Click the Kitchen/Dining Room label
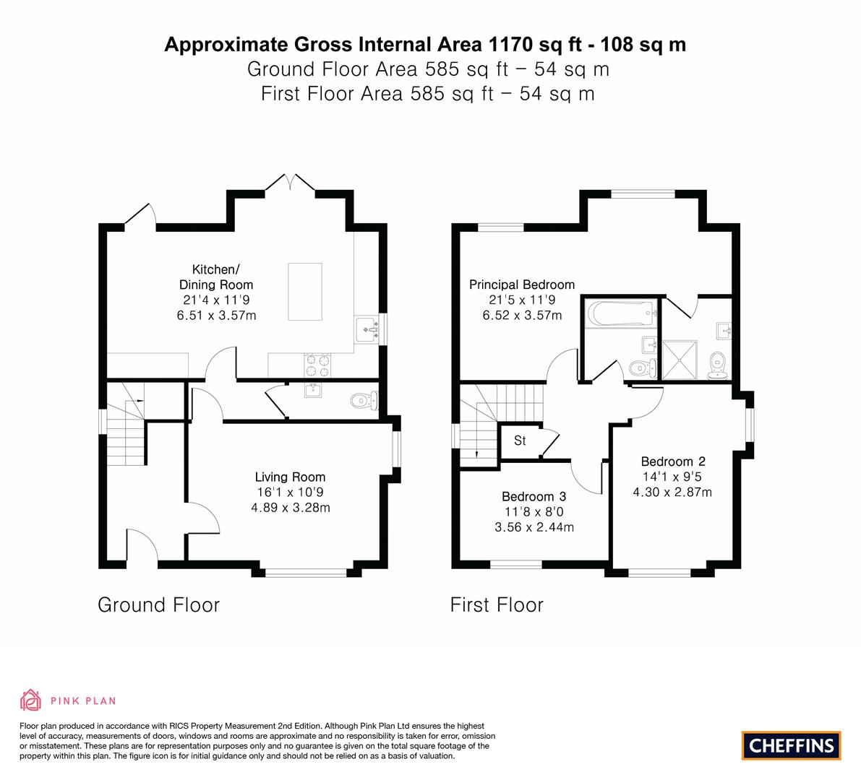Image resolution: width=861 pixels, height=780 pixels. [x=216, y=277]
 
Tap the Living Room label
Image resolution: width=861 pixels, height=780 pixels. [x=290, y=477]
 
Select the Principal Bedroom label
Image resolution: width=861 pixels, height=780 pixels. [x=522, y=285]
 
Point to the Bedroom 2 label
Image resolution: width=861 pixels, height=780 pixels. [x=672, y=461]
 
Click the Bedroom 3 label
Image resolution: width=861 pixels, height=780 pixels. [x=534, y=496]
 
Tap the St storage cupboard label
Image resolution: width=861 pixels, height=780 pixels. [x=520, y=441]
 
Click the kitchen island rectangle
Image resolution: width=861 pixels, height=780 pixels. [x=305, y=291]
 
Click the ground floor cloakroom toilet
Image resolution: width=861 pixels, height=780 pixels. [x=364, y=401]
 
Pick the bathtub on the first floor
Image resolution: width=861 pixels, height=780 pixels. [x=622, y=313]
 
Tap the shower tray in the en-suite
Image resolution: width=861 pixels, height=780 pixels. [x=680, y=360]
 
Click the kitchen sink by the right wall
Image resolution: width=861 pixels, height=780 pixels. [x=367, y=329]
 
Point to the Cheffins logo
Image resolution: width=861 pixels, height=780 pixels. [x=792, y=745]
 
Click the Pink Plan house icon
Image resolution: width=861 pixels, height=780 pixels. [x=31, y=700]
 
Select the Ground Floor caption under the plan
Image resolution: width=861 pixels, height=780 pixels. [x=159, y=605]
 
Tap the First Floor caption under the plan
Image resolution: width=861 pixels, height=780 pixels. [x=497, y=605]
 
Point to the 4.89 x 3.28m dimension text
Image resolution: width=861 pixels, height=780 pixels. [x=291, y=508]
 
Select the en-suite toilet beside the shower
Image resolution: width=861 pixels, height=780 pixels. [x=718, y=365]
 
